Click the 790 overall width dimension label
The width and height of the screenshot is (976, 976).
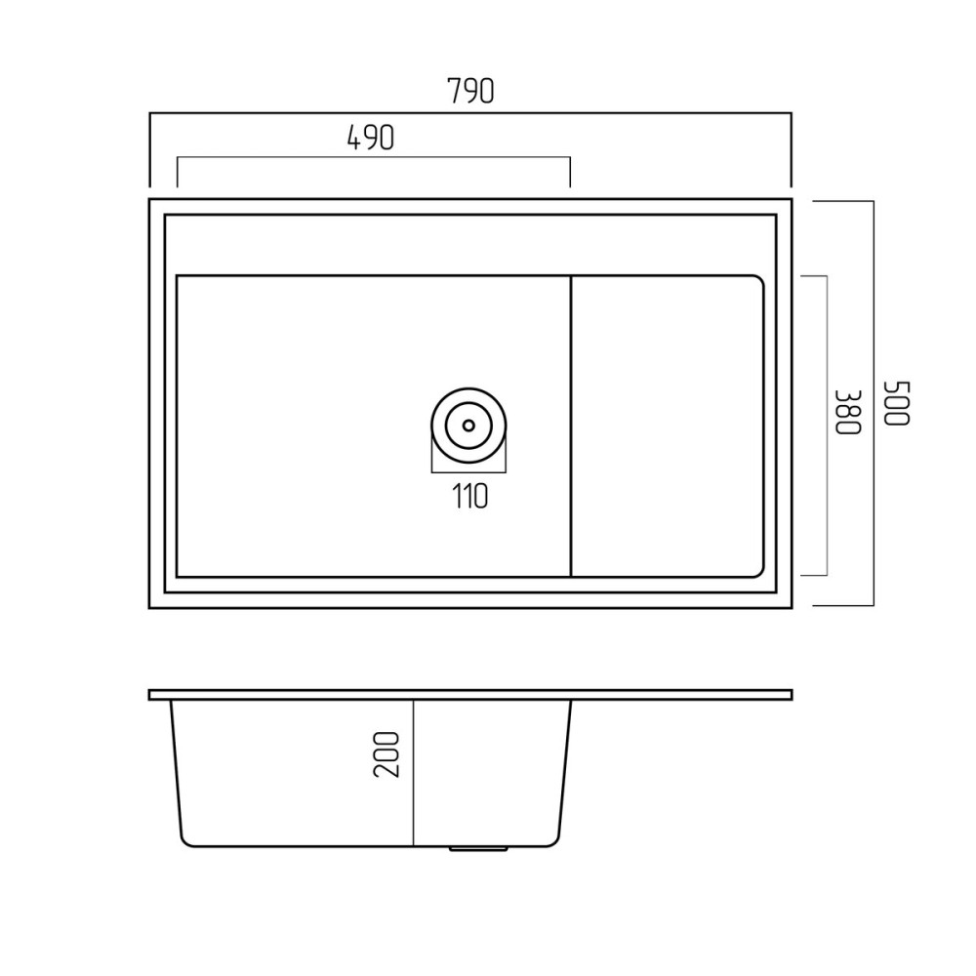[470, 91]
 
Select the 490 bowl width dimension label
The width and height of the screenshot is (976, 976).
[370, 138]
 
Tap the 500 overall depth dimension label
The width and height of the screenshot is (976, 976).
[898, 403]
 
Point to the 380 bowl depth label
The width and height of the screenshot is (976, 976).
[848, 412]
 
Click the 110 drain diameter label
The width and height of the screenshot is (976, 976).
[470, 496]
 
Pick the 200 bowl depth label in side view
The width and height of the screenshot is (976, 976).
[386, 753]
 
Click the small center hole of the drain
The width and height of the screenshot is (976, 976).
[468, 426]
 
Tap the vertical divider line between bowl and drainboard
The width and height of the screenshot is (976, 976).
[571, 426]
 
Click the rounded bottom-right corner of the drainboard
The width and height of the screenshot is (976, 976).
[758, 572]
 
